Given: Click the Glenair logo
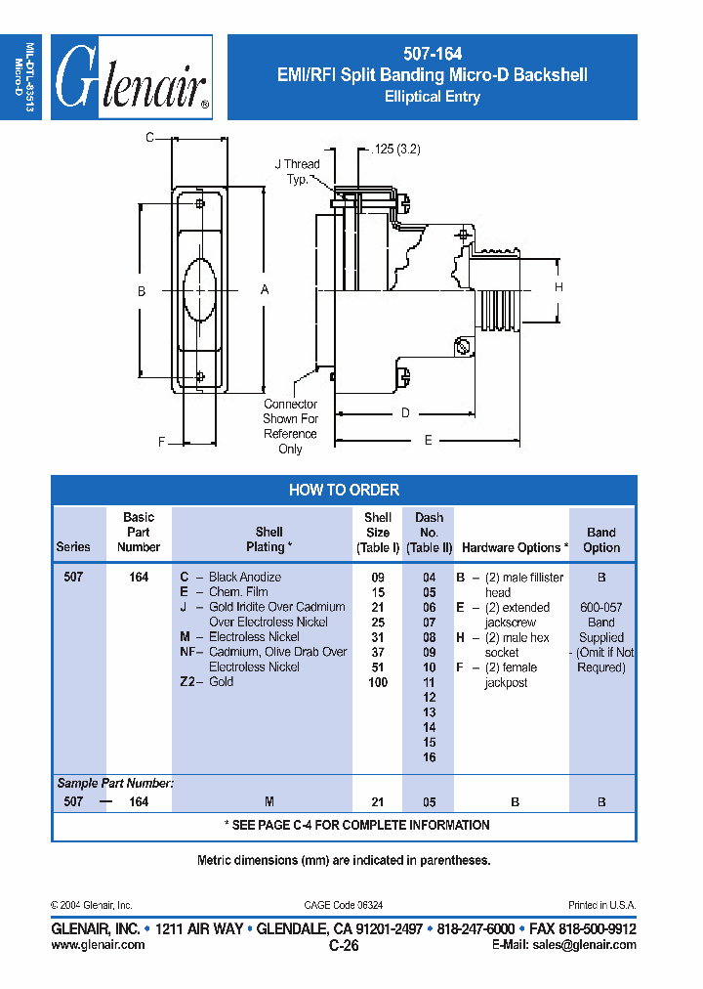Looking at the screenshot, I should click(x=132, y=77).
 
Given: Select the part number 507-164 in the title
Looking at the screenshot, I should click(x=433, y=55).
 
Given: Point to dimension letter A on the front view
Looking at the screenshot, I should click(x=265, y=290).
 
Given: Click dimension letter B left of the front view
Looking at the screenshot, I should click(x=142, y=291).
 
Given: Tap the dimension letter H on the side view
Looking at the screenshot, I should click(x=559, y=287).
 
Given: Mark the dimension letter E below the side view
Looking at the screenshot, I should click(x=428, y=441).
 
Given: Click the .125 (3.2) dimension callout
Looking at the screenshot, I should click(x=396, y=150).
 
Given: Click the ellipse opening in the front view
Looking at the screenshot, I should click(x=200, y=290).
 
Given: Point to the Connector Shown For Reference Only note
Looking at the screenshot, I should click(x=290, y=426).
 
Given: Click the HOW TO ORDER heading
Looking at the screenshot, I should click(x=344, y=490).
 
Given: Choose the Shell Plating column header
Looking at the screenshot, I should click(x=269, y=539).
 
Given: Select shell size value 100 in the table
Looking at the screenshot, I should click(x=378, y=682).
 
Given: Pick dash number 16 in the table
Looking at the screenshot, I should click(x=429, y=757).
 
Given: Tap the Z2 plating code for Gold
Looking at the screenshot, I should click(x=189, y=682).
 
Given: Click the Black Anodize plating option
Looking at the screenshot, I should click(x=245, y=578).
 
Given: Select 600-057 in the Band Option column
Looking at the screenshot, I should click(x=600, y=608).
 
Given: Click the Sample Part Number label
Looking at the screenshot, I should click(x=115, y=784).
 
